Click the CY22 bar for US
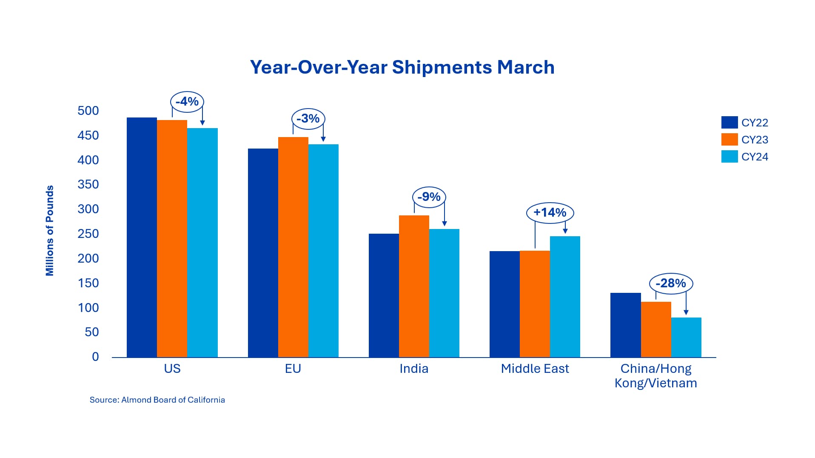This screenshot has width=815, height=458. (142, 237)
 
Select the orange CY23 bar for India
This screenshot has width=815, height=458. (414, 286)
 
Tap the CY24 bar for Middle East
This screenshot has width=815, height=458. (565, 297)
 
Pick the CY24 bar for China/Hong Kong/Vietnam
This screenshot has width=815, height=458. (686, 337)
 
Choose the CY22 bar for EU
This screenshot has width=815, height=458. (263, 253)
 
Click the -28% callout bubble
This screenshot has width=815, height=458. (671, 283)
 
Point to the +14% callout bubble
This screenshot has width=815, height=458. (550, 212)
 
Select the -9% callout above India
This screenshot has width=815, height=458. (429, 197)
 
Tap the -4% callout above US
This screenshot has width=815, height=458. (187, 102)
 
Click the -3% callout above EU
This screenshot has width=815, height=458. (308, 119)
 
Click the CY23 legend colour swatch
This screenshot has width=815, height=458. (729, 139)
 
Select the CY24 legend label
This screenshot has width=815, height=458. (755, 157)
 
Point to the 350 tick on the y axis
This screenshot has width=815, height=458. (88, 184)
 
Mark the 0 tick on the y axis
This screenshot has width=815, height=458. (95, 357)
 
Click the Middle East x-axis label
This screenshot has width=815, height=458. (535, 369)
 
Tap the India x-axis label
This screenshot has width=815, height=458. (414, 369)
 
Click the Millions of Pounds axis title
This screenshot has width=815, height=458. (50, 230)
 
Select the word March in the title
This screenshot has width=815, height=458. (526, 67)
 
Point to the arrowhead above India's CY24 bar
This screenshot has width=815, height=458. (445, 223)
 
